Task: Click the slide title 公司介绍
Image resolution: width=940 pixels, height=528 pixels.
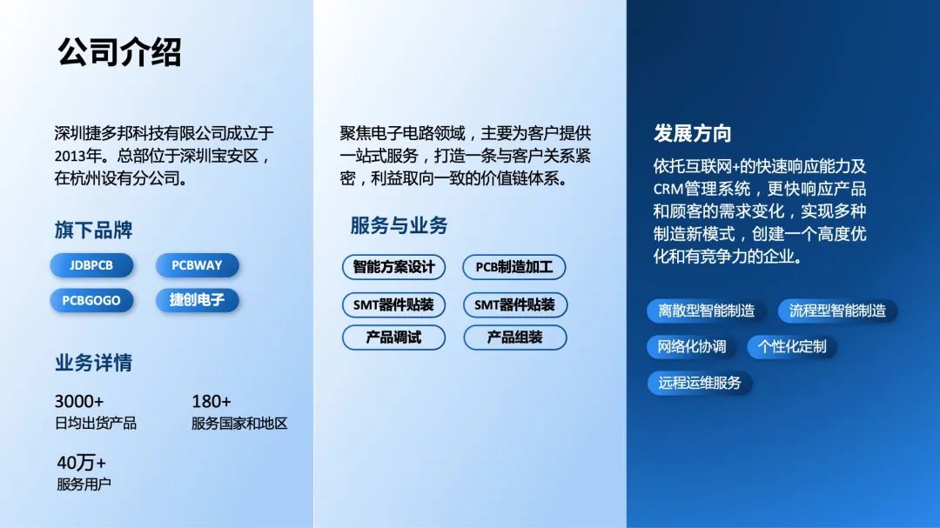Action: [119, 52]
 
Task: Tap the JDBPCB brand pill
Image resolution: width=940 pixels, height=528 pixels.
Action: [91, 265]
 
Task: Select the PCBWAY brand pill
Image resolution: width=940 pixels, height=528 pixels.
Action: [197, 265]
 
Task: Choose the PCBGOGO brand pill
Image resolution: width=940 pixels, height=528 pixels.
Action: [91, 300]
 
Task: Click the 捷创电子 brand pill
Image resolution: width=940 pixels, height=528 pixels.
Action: [197, 300]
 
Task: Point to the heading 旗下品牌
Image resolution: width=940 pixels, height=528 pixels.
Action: [93, 231]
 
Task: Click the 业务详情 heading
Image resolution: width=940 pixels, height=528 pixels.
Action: [93, 363]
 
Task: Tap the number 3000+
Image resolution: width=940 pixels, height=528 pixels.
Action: [79, 401]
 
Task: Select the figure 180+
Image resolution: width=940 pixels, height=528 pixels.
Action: [211, 401]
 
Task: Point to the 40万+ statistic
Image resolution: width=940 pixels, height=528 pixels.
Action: [81, 463]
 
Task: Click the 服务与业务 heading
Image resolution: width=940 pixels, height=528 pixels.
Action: [399, 226]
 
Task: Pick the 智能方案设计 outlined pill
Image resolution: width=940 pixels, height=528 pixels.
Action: [393, 267]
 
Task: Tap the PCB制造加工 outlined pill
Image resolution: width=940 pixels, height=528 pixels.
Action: [514, 267]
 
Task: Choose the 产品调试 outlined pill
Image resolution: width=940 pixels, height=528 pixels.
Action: [393, 337]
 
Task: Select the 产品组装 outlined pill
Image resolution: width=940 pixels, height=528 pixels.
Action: [514, 337]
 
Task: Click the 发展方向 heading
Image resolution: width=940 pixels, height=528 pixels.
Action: [692, 134]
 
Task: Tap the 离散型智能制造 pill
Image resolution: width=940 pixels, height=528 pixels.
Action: [706, 311]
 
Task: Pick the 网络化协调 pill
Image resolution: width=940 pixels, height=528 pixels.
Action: [692, 346]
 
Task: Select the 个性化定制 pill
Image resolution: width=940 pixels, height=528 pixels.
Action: [792, 346]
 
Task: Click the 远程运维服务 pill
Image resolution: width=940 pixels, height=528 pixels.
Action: [700, 383]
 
